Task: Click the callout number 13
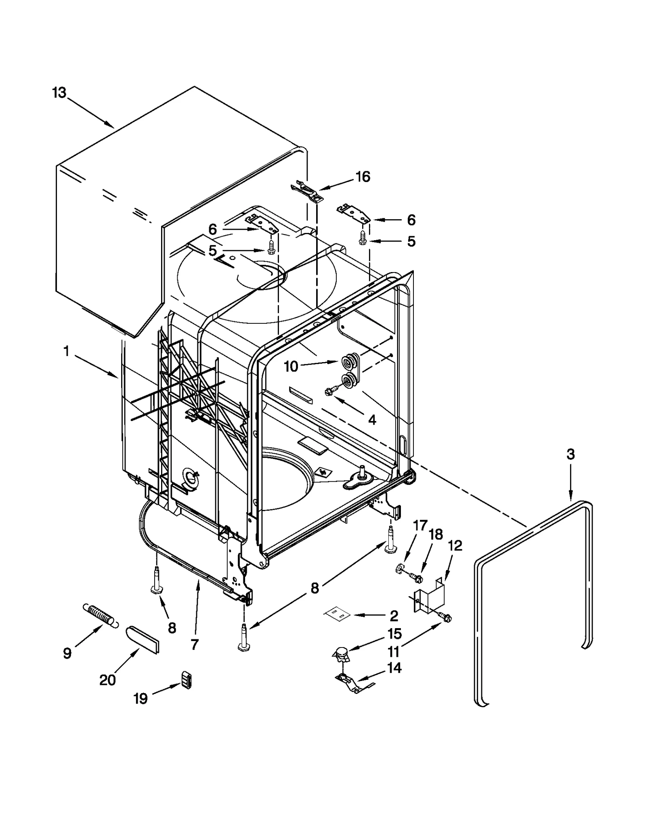[59, 93]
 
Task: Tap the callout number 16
[363, 177]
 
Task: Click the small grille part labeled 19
[186, 680]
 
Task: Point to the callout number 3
[570, 455]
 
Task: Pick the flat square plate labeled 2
[336, 615]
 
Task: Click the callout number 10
[291, 367]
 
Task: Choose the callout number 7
[194, 645]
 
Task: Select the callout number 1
[67, 351]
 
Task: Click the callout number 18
[436, 534]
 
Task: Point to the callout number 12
[455, 546]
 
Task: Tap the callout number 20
[107, 680]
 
